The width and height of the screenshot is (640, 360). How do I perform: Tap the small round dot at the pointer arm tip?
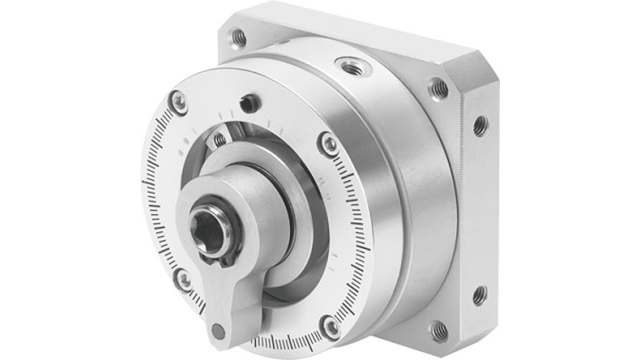pyautogui.click(x=218, y=331)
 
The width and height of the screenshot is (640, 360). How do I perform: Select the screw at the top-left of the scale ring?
pyautogui.click(x=179, y=101)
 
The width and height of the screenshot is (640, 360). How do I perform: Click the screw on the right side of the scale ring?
pyautogui.click(x=328, y=143)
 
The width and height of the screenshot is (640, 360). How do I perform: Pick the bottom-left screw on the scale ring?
pyautogui.click(x=183, y=279)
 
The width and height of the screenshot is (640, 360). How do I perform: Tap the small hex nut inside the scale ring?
pyautogui.click(x=219, y=140)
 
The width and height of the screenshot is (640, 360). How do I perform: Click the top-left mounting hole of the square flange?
pyautogui.click(x=239, y=38)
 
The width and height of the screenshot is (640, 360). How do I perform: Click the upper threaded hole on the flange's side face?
pyautogui.click(x=480, y=125)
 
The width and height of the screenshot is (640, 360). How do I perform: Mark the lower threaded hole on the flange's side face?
pyautogui.click(x=479, y=295)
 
